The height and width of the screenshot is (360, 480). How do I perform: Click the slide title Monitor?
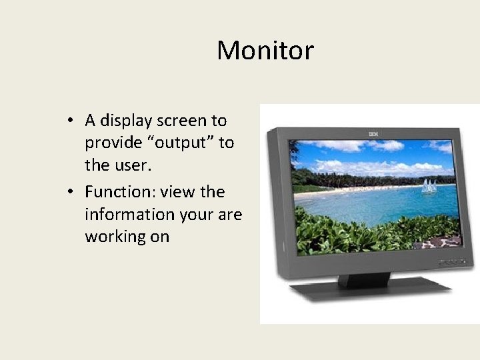point(265,51)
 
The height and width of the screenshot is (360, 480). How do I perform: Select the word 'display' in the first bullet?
point(125,121)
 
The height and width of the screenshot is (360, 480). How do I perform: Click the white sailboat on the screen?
point(428,186)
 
